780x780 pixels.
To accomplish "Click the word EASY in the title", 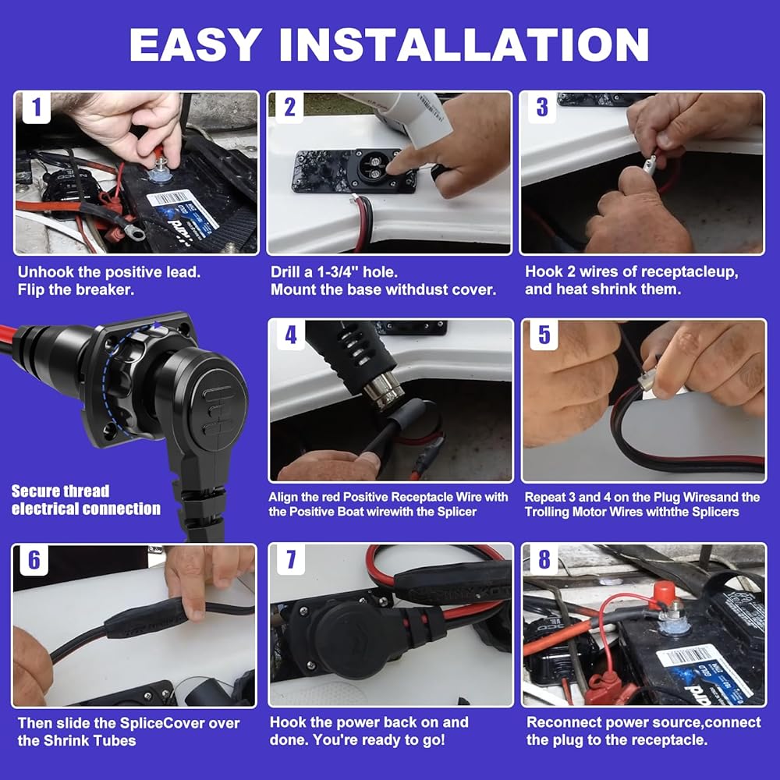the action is point(196,44).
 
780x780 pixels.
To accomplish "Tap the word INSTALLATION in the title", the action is point(464,44).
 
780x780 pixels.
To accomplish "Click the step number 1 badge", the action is point(36,108).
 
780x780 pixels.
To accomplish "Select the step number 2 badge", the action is point(289,108).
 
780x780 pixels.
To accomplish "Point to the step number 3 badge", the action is point(542,108).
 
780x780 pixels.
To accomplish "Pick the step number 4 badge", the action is point(291,335).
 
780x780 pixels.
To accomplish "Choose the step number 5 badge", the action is point(544,335).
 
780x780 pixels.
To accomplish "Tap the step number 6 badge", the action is point(34,560).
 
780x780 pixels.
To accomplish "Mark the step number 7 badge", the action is point(291,559).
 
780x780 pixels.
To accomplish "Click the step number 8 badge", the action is point(544,559).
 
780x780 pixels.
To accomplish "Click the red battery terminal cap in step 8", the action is point(664,593).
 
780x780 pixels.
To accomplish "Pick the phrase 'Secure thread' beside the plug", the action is point(60,491).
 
